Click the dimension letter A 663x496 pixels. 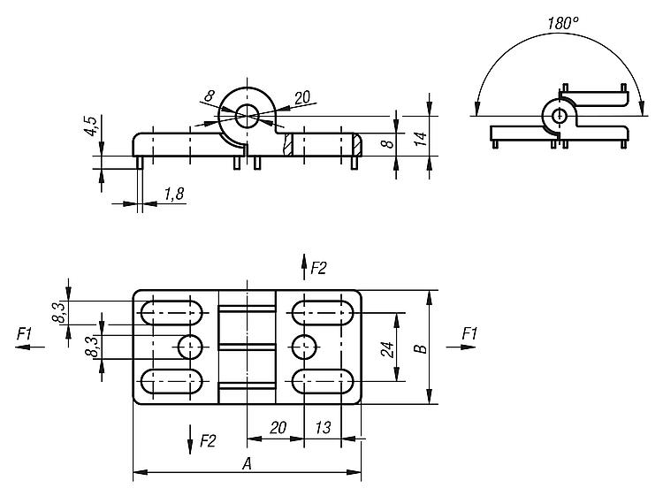[245, 463]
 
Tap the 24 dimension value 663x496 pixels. [386, 347]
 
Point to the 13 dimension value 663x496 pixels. [323, 428]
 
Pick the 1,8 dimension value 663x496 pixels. [173, 195]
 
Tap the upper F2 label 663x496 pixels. [318, 266]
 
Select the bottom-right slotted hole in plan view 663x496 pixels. [324, 381]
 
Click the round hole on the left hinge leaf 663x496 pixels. [190, 347]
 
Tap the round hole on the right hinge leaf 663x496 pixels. [303, 347]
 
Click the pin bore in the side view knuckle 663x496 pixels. [247, 113]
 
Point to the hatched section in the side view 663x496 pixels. [288, 144]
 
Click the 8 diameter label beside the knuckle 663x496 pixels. [209, 95]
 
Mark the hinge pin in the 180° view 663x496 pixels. [559, 115]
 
